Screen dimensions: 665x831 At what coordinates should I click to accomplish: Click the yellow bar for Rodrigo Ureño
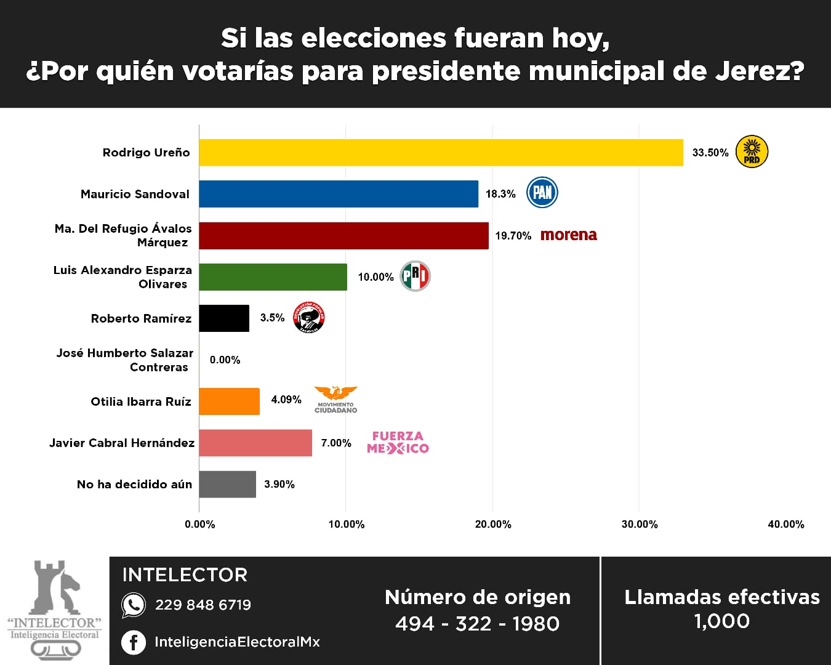point(441,152)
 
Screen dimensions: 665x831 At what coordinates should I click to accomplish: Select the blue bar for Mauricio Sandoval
point(339,194)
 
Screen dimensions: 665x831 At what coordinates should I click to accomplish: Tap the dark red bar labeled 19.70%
point(343,236)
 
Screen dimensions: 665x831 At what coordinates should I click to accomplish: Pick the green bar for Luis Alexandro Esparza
point(273,277)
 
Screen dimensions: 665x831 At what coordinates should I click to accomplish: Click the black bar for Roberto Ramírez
point(224,318)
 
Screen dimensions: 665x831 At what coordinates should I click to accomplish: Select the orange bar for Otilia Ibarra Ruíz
point(229,401)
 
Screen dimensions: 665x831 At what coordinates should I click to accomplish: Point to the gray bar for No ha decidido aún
point(227,485)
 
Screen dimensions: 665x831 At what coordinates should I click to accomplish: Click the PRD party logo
point(752,152)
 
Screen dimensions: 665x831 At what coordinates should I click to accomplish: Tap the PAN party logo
point(542,193)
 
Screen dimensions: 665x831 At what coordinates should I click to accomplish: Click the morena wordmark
point(569,235)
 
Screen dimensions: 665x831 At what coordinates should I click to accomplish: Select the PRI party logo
point(415,276)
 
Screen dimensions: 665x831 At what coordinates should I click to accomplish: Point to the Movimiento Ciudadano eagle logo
point(335,399)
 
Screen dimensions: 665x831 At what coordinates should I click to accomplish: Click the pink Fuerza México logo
point(398,442)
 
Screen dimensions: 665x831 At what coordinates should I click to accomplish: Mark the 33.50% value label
point(710,153)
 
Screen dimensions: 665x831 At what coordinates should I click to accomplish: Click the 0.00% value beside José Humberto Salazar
point(225,360)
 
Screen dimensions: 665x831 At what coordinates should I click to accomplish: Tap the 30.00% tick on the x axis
point(640,525)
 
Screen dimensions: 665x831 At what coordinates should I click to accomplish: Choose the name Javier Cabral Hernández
point(122,443)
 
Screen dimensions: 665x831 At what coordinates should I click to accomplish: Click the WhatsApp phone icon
point(134,605)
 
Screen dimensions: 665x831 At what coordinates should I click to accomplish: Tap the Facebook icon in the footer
point(134,642)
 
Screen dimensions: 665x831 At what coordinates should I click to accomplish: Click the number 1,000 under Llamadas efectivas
point(721,621)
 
